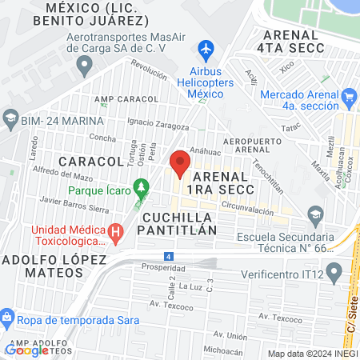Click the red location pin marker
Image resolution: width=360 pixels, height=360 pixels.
[180, 162]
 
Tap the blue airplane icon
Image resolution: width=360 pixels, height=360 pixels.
[207, 50]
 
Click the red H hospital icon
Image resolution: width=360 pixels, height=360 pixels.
[117, 234]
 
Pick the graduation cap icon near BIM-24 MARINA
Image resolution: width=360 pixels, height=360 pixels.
[10, 121]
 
